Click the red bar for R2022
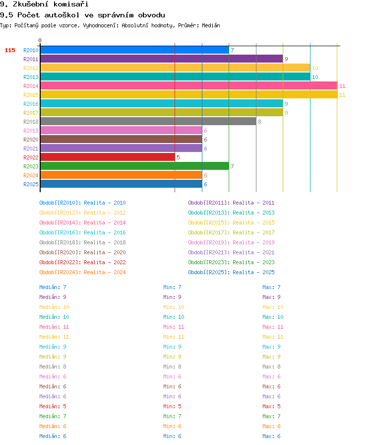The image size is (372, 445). [108, 157]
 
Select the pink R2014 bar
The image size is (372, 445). [189, 86]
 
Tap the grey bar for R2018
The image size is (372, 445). [148, 122]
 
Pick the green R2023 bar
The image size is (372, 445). [135, 166]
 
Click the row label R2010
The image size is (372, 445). [31, 50]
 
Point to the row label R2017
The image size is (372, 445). [31, 113]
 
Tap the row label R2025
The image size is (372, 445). [31, 184]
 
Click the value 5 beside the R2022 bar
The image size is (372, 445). [178, 157]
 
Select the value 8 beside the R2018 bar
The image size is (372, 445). [259, 122]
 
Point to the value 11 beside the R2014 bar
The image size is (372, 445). [342, 86]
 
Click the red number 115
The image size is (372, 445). [10, 50]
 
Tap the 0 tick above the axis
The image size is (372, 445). [40, 40]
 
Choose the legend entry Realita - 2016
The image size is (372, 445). [105, 232]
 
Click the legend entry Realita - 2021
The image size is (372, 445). [253, 252]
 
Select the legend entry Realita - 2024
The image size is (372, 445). [105, 272]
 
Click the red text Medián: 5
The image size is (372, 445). [53, 406]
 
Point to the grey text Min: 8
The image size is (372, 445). [172, 367]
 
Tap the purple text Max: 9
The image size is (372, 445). [271, 297]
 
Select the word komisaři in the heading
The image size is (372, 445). [71, 4]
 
